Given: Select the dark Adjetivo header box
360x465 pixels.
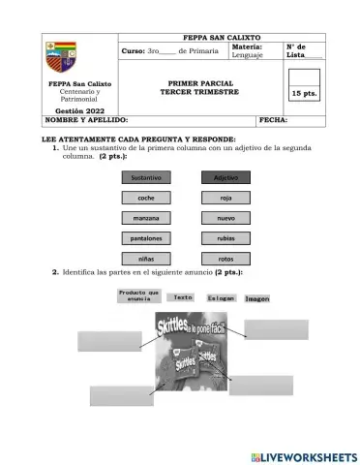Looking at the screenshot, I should click(225, 177).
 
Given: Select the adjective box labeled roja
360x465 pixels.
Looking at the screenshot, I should click(225, 198).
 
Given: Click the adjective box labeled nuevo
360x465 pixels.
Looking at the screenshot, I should click(225, 218).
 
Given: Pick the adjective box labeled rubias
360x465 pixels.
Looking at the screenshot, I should click(225, 238).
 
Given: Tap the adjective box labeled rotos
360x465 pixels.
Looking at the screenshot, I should click(225, 259).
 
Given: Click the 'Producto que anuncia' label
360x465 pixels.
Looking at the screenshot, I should click(138, 296).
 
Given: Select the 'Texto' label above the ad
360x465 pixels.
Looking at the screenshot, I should click(183, 297).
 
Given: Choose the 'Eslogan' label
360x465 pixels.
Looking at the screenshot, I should click(220, 298).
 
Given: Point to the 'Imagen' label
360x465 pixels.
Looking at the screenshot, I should click(256, 298).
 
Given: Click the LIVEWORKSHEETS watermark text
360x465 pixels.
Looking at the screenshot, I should click(303, 455).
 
